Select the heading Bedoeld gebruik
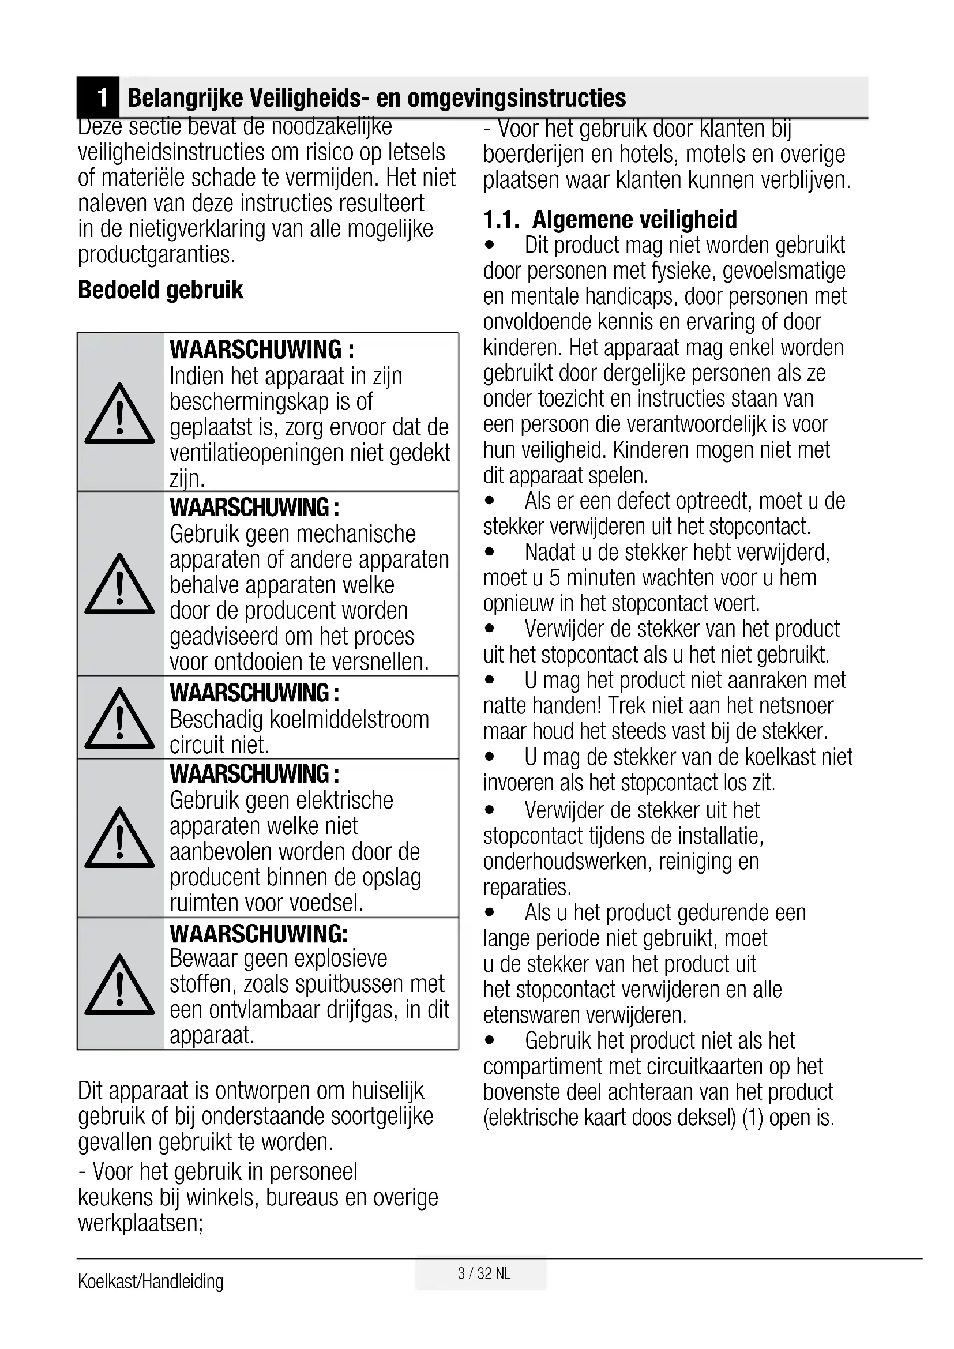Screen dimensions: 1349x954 point(160,290)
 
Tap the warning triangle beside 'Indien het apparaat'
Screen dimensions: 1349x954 point(120,414)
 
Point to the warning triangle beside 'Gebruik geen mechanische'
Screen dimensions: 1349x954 point(120,584)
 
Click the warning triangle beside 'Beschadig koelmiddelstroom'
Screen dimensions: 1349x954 point(120,718)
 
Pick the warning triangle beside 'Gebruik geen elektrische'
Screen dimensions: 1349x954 point(120,839)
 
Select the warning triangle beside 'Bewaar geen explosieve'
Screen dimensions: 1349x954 point(120,985)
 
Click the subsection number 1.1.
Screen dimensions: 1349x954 point(501,220)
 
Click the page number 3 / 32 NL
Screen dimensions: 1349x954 point(484,1273)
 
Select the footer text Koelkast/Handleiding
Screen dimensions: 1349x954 point(151,1282)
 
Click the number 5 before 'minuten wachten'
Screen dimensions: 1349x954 point(555,578)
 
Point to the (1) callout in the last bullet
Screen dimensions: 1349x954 point(753,1118)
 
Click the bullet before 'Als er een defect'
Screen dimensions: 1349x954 point(490,502)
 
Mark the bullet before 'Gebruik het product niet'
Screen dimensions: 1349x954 point(490,1041)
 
